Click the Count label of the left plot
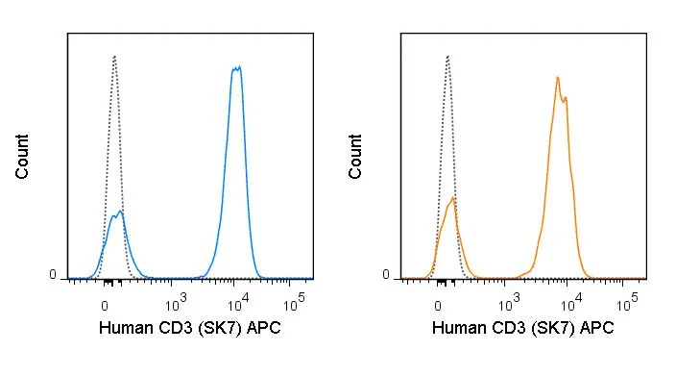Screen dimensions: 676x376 coord(22,157)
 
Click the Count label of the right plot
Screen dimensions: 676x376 coord(355,157)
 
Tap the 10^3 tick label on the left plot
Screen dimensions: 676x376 coord(176,303)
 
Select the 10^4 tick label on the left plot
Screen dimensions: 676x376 coord(238,303)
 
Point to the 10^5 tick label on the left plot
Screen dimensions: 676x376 coord(294,303)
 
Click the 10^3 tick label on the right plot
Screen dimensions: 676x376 coord(509,303)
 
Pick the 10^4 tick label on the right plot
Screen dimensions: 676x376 coord(571,303)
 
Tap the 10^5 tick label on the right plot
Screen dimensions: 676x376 coord(627,303)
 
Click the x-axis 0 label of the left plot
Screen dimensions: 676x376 coord(105,306)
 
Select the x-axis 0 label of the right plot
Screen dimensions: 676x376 coord(438,306)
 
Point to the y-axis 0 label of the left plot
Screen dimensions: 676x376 coord(53,275)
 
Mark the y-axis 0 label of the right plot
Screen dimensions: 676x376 coord(386,275)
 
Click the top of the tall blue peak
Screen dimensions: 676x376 coord(236,67)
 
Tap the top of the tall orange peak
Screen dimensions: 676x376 coord(558,78)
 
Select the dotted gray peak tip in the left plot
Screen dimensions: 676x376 coord(114,56)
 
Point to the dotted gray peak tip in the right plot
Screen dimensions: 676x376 coord(447,56)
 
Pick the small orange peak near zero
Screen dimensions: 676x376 coord(452,198)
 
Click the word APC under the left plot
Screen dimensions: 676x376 coord(263,328)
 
